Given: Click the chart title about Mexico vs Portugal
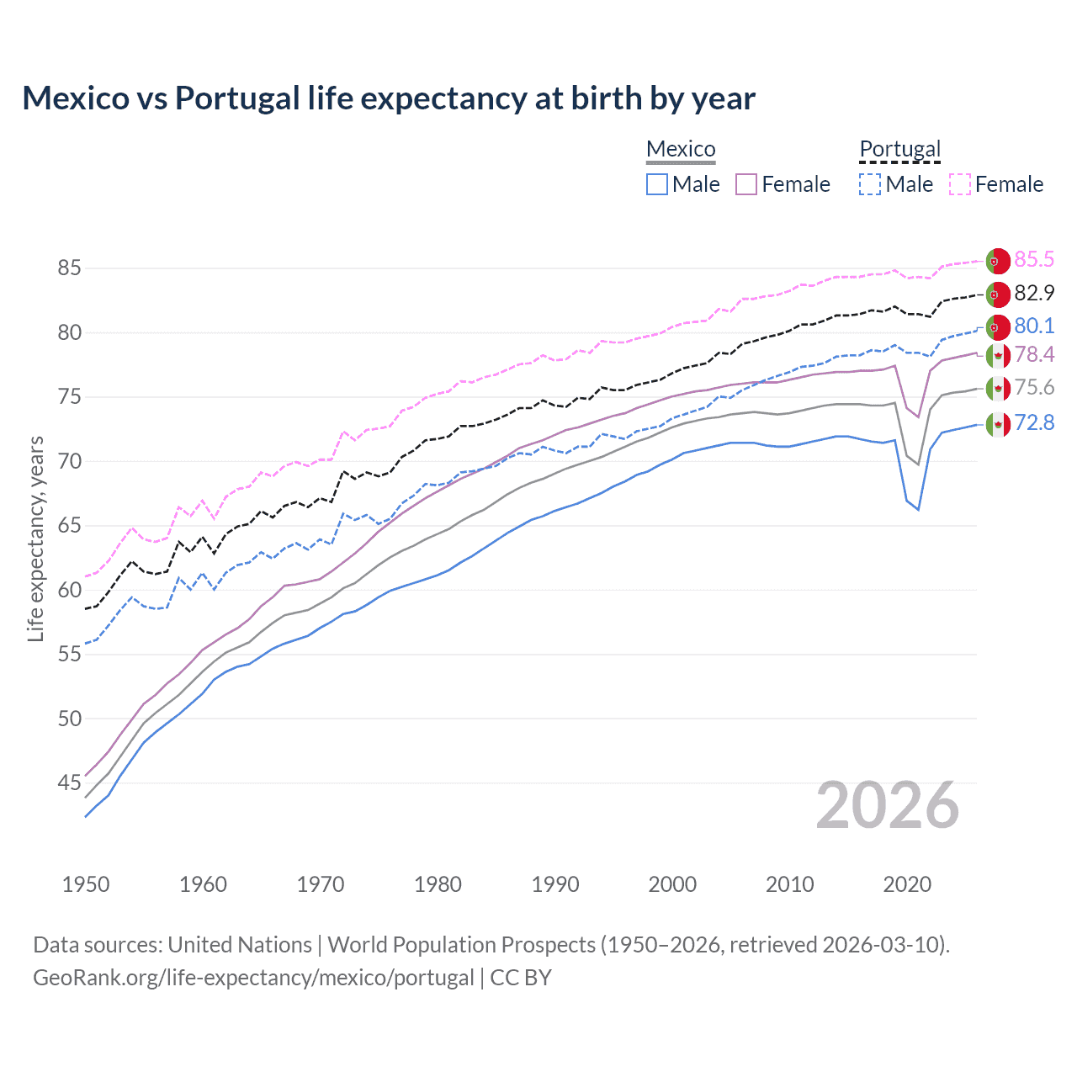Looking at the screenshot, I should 389,98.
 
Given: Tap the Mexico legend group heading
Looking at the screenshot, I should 681,149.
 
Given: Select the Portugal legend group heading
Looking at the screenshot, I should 899,149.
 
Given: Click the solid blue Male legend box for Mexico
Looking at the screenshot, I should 657,184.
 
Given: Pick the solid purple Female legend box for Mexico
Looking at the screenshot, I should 746,184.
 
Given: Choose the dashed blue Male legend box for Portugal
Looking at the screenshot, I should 870,184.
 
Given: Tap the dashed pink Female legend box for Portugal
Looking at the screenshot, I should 960,184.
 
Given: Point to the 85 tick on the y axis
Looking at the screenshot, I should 69,268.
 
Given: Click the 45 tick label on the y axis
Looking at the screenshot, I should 69,783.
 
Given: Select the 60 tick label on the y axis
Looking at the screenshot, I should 69,590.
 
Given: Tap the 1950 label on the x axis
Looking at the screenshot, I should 86,884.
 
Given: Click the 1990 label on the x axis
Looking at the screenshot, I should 555,884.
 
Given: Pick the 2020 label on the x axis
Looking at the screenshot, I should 907,884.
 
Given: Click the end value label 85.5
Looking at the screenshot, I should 1034,260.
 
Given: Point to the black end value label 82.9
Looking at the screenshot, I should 1034,293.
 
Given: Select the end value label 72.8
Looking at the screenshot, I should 1034,422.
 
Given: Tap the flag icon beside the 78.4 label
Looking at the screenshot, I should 998,355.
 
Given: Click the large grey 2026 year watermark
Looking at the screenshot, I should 888,805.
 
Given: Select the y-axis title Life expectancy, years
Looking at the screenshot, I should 35,538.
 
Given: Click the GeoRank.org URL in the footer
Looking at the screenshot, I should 253,978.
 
